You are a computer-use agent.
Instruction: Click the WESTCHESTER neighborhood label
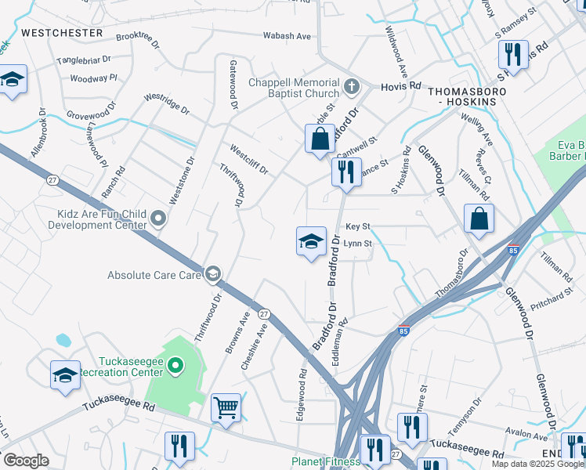point(62,33)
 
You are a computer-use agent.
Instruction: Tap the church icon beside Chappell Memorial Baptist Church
point(352,84)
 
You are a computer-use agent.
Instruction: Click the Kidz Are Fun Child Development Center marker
point(159,219)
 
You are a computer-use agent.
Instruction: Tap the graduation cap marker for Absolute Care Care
point(212,274)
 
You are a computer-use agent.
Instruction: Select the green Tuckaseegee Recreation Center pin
point(175,364)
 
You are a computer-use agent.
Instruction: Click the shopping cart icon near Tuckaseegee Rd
point(226,407)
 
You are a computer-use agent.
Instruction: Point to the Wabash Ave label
point(286,36)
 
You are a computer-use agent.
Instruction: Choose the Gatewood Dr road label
point(233,84)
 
